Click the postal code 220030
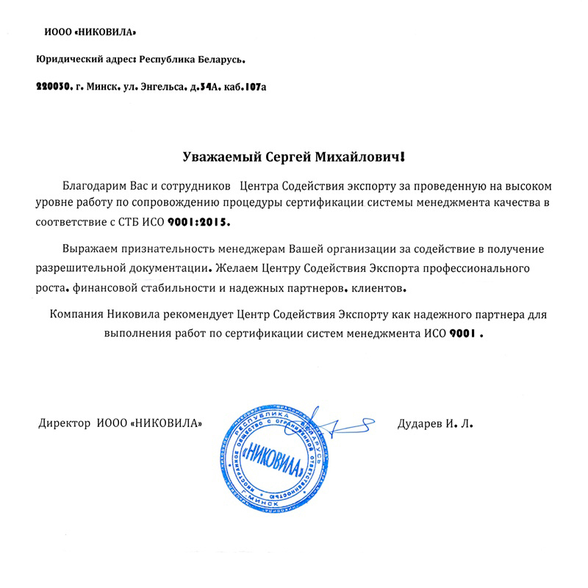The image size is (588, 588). pyautogui.click(x=54, y=87)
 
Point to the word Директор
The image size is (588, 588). pyautogui.click(x=65, y=424)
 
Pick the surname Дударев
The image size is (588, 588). pyautogui.click(x=420, y=424)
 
